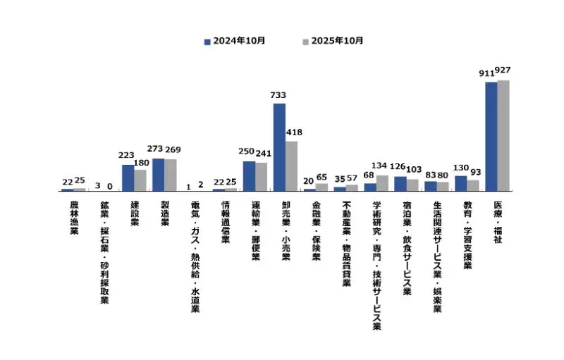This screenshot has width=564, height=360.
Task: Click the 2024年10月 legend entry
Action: pyautogui.click(x=235, y=41)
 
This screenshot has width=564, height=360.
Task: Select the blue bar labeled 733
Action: pyautogui.click(x=279, y=147)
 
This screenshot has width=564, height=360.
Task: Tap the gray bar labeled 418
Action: pyautogui.click(x=291, y=166)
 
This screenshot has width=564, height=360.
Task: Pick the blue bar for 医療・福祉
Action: pyautogui.click(x=491, y=136)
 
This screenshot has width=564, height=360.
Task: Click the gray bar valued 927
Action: pyautogui.click(x=503, y=135)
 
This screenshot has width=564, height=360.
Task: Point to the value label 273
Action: pyautogui.click(x=154, y=149)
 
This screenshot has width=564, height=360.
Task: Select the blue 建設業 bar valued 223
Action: pyautogui.click(x=128, y=178)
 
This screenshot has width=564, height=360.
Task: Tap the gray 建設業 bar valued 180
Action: pyautogui.click(x=140, y=180)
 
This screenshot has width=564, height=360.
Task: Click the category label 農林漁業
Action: pyautogui.click(x=74, y=218)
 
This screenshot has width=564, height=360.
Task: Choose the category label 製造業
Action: pyautogui.click(x=165, y=213)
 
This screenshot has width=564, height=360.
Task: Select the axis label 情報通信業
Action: pyautogui.click(x=226, y=222)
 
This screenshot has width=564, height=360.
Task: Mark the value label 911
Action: pyautogui.click(x=486, y=73)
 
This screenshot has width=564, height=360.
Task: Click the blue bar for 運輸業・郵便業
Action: pyautogui.click(x=249, y=175)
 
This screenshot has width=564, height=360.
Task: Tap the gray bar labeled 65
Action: pyautogui.click(x=321, y=187)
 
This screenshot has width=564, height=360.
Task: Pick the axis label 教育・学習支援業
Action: pyautogui.click(x=467, y=235)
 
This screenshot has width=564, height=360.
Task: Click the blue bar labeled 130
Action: pyautogui.click(x=460, y=182)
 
